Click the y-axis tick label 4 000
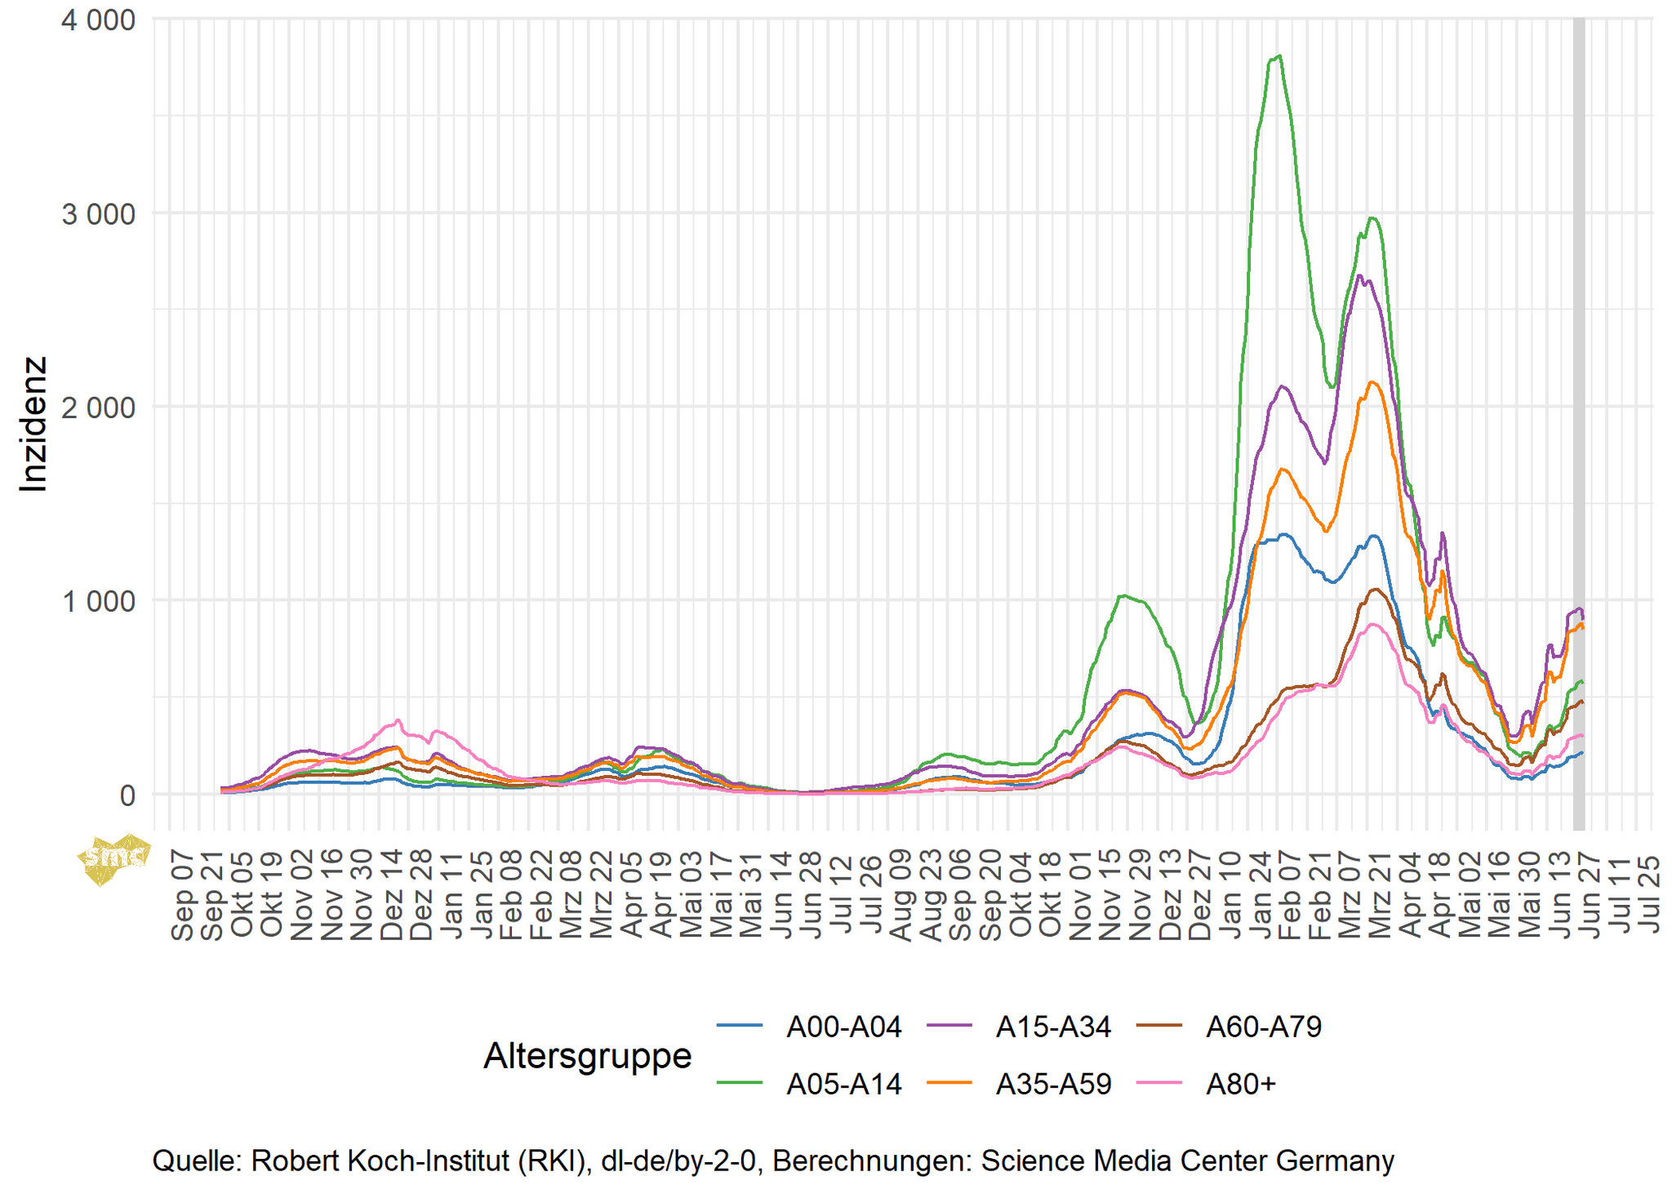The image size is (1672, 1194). (98, 20)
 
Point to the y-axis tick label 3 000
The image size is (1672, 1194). (98, 215)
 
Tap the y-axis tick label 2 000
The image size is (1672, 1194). (98, 408)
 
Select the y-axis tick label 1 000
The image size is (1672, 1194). (98, 602)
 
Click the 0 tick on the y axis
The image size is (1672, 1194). (127, 795)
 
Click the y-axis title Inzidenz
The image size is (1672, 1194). (33, 424)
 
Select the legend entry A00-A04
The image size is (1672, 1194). (843, 1027)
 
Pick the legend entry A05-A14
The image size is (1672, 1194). (843, 1084)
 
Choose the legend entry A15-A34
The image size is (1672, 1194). (1053, 1027)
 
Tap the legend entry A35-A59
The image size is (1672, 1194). (1053, 1084)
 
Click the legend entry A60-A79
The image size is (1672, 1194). (1263, 1027)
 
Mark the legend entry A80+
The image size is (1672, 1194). (1240, 1084)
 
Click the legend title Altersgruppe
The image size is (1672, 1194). (587, 1055)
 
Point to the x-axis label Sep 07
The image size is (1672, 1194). (183, 895)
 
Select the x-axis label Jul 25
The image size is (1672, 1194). (1649, 895)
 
